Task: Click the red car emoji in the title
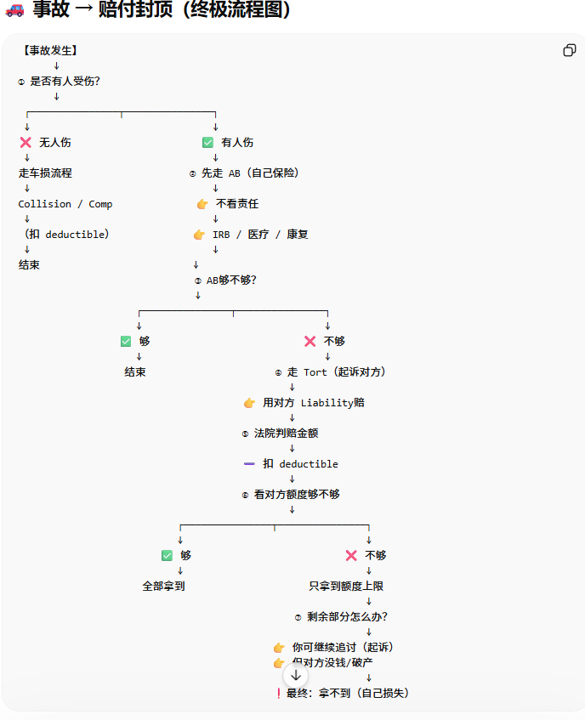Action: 14,11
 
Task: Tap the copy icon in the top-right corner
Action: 570,50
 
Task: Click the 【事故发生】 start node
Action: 50,51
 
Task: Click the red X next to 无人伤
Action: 26,143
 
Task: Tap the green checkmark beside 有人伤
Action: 207,143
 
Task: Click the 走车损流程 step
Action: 45,173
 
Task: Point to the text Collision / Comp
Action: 65,204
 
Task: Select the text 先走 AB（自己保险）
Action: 250,173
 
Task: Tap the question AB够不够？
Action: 231,281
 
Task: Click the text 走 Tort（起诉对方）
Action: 337,372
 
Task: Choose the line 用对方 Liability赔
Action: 314,403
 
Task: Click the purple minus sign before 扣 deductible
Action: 249,464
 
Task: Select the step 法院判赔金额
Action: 286,434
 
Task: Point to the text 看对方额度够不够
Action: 297,495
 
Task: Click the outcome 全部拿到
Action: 163,587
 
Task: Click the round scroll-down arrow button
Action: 296,675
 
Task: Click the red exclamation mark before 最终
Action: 278,694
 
